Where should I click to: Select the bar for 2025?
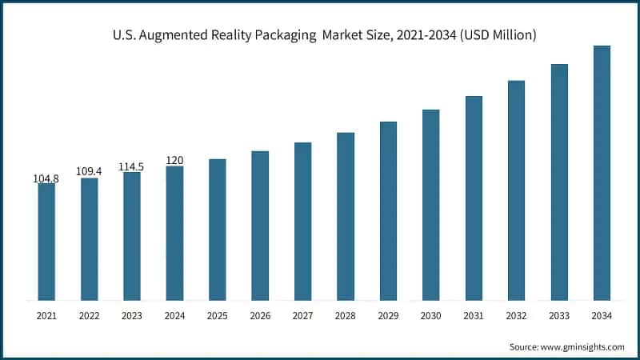pyautogui.click(x=218, y=230)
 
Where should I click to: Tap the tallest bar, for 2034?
pyautogui.click(x=602, y=173)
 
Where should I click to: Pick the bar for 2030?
pyautogui.click(x=431, y=205)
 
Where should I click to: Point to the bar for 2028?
pyautogui.click(x=346, y=216)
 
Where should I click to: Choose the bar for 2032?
pyautogui.click(x=516, y=190)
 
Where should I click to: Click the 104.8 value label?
pyautogui.click(x=46, y=178)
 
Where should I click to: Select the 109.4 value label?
pyautogui.click(x=90, y=172)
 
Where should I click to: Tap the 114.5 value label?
pyautogui.click(x=132, y=166)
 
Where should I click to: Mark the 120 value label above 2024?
pyautogui.click(x=174, y=160)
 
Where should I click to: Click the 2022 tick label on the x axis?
pyautogui.click(x=90, y=317)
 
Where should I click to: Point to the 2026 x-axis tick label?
pyautogui.click(x=260, y=317)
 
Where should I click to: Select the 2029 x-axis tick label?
pyautogui.click(x=388, y=317)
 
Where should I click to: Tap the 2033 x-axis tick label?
pyautogui.click(x=559, y=317)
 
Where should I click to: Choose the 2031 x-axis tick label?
pyautogui.click(x=474, y=317)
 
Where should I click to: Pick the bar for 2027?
pyautogui.click(x=302, y=222)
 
